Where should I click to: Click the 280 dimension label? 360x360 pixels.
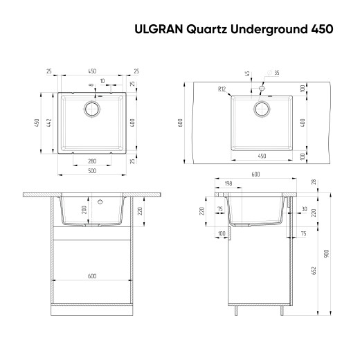tap(91, 161)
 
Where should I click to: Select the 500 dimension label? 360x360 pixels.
tap(91, 170)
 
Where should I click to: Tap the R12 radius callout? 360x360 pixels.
tap(222, 89)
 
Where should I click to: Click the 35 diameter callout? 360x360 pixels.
tap(276, 73)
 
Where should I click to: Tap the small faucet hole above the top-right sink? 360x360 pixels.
tap(262, 89)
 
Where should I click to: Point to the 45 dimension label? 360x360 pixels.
tap(248, 73)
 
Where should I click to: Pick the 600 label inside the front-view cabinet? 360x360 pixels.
tap(91, 276)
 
